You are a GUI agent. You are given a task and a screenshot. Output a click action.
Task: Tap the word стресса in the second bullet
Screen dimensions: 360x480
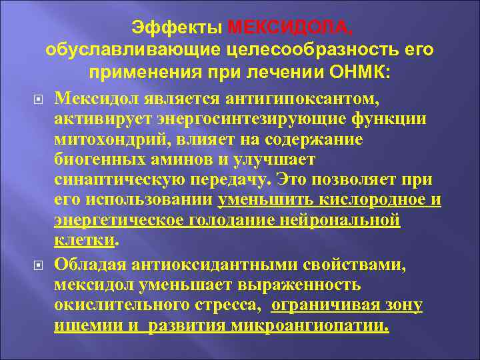(233, 306)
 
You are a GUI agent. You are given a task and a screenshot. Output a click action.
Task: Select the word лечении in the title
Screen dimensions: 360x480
(293, 72)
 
